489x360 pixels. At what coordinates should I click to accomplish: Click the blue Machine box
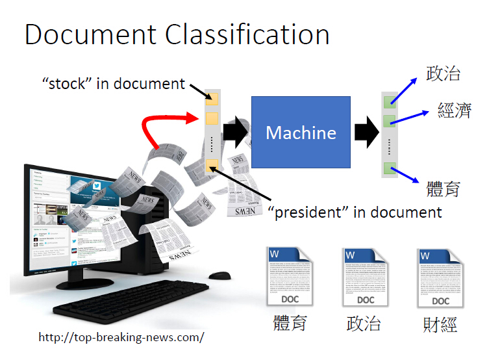pos(301,133)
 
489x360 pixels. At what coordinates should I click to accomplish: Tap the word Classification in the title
pos(247,34)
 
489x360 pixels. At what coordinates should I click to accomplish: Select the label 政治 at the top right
pos(443,73)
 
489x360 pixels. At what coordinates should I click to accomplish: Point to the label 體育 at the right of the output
pos(444,188)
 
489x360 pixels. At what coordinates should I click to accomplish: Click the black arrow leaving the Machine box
pos(366,133)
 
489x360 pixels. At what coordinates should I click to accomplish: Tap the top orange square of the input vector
pos(212,99)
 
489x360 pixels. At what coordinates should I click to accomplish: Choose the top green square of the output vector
pos(390,101)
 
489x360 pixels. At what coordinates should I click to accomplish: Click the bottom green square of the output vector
pos(390,168)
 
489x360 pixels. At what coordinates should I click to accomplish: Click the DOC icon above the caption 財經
pos(440,277)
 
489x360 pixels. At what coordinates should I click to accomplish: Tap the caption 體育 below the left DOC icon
pos(289,323)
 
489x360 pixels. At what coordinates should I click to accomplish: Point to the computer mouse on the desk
pos(219,276)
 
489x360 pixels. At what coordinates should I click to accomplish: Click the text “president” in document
pos(355,212)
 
